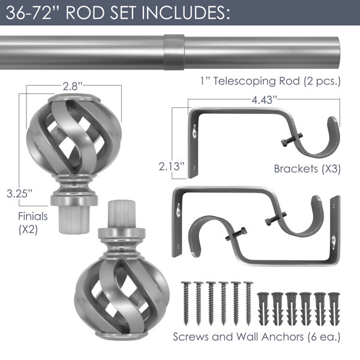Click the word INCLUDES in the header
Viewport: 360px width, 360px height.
(x=185, y=13)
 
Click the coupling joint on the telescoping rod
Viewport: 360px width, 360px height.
(x=174, y=52)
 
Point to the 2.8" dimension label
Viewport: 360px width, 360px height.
(x=73, y=86)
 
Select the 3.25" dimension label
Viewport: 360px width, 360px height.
(x=20, y=193)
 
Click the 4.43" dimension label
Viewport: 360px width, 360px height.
(x=264, y=100)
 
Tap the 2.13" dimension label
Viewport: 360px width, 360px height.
(x=172, y=166)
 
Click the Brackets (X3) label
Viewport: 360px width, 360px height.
(x=307, y=169)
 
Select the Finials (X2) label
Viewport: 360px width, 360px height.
(x=33, y=223)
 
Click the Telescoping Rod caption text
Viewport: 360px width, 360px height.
(x=270, y=81)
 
